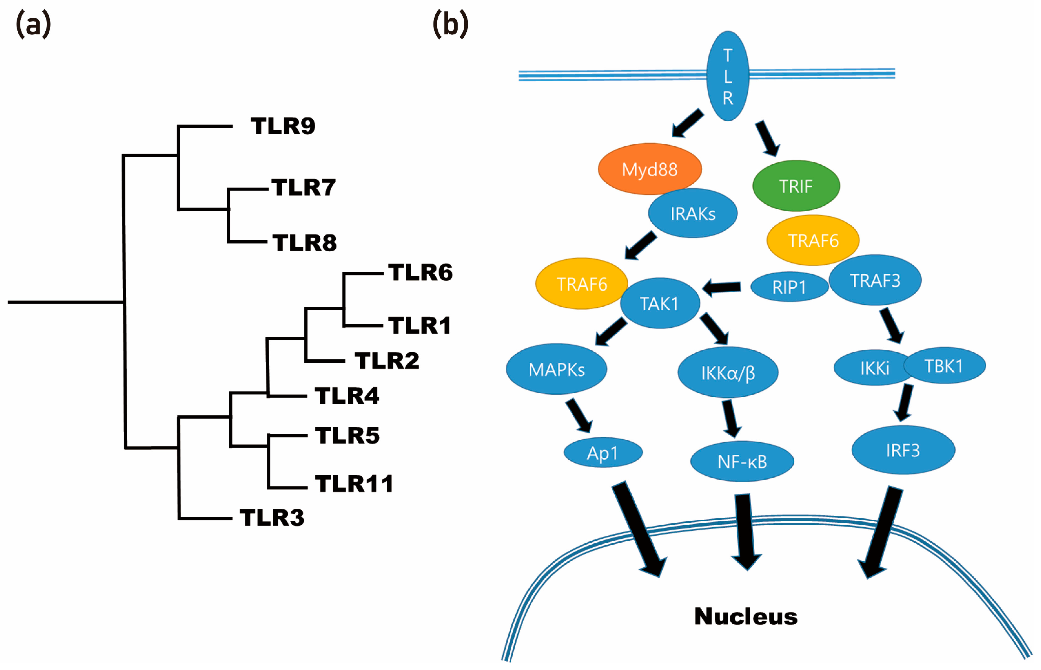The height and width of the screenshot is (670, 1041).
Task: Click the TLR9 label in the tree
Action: (x=282, y=126)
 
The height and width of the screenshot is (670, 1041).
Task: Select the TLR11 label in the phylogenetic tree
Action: (x=354, y=484)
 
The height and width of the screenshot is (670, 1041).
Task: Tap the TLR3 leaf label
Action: (x=272, y=518)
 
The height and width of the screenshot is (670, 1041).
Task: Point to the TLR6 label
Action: (x=420, y=273)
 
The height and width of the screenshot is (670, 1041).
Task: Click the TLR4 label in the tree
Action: (x=347, y=396)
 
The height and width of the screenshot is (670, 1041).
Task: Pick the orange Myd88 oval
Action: (x=649, y=169)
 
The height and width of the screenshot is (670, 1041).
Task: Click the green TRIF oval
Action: (x=796, y=186)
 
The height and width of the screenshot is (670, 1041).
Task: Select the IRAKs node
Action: (x=693, y=214)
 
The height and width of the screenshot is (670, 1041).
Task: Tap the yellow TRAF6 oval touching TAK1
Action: (x=581, y=284)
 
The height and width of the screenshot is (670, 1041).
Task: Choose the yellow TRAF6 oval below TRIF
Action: (x=813, y=240)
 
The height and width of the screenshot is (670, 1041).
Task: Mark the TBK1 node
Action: (x=944, y=366)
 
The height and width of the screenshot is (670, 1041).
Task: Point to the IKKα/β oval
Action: (x=728, y=373)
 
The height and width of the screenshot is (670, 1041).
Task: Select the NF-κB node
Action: (x=742, y=462)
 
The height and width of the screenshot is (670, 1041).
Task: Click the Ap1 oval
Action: (x=603, y=453)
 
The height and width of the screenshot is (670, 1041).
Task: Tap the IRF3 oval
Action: (x=903, y=450)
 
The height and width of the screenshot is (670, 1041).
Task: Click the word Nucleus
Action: (x=745, y=616)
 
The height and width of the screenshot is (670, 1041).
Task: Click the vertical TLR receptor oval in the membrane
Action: (x=728, y=76)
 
